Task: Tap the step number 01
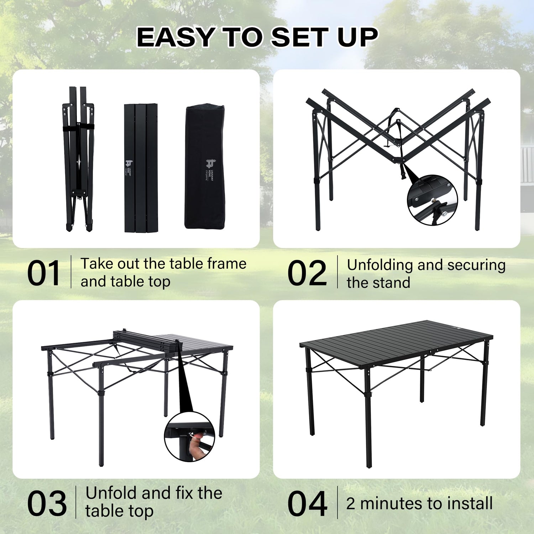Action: point(43,273)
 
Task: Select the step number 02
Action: point(307,273)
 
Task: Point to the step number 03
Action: point(47,503)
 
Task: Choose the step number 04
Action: point(307,503)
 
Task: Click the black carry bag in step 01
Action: point(205,167)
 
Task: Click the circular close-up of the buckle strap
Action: point(432,199)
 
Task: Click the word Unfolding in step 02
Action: point(379,265)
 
